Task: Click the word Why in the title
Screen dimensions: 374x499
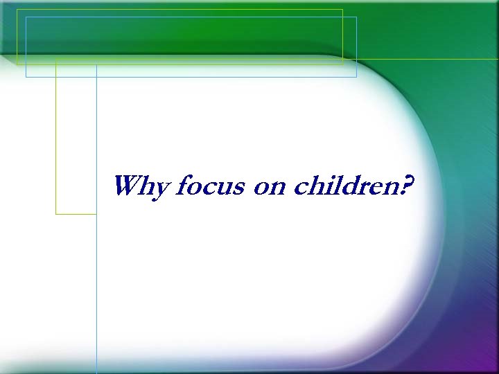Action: [x=141, y=187]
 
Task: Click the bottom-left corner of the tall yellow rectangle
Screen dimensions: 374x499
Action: [x=56, y=214]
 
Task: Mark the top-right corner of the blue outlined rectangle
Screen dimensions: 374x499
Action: [x=356, y=17]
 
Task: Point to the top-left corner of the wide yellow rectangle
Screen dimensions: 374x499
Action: [x=17, y=10]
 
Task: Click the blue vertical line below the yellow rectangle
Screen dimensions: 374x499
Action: [x=96, y=291]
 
